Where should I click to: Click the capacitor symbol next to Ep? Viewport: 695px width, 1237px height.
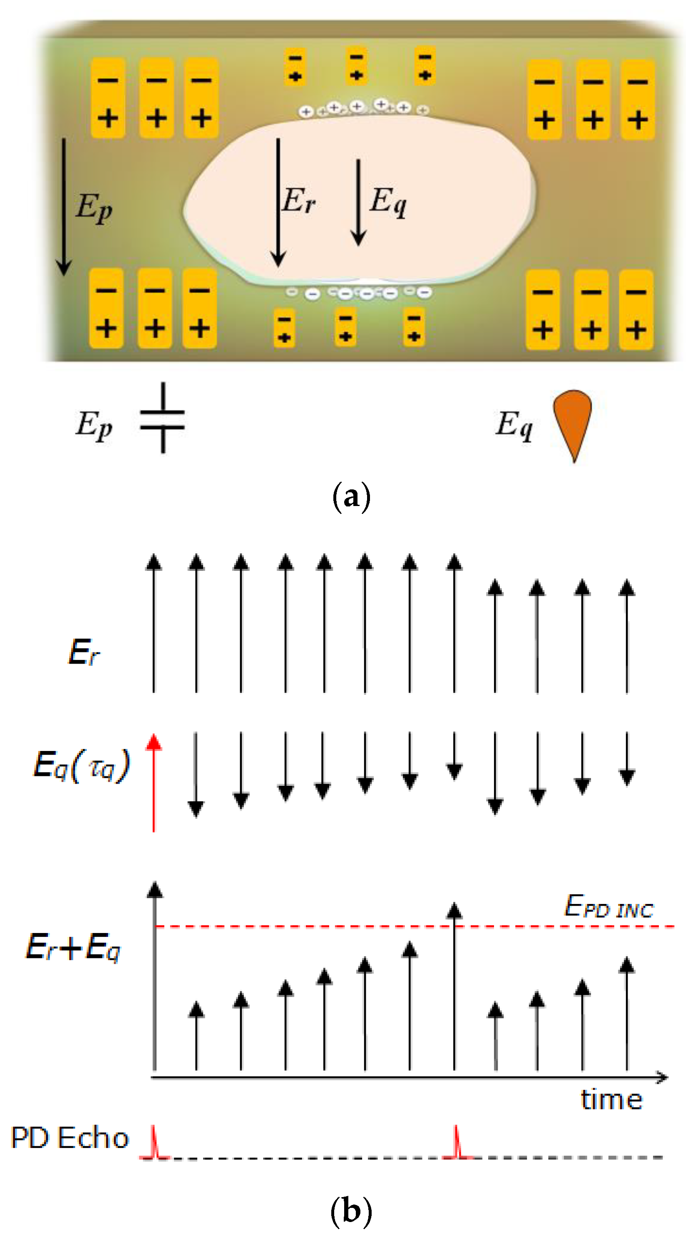click(162, 418)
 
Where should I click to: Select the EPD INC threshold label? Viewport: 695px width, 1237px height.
click(608, 906)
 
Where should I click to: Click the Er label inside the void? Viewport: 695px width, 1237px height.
click(298, 201)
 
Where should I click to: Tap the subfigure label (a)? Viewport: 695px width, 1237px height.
click(351, 497)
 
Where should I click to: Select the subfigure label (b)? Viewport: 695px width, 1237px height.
click(351, 1210)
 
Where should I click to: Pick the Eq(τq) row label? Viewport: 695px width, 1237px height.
click(81, 765)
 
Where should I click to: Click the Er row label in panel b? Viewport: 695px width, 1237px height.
click(84, 652)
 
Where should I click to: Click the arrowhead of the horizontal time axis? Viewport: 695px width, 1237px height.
click(663, 1078)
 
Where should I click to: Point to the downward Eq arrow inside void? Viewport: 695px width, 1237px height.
click(358, 202)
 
